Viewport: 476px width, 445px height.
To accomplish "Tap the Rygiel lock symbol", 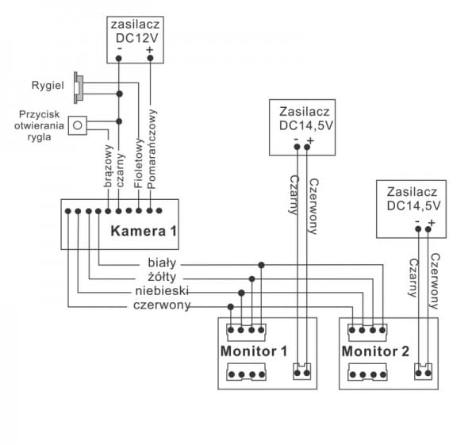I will pos(79,86).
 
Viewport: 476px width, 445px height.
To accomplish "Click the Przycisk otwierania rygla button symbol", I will pos(78,125).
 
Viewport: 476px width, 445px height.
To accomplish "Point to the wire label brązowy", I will pos(109,170).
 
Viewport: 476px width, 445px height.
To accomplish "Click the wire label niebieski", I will pos(161,291).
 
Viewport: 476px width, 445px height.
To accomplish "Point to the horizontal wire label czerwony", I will pos(161,305).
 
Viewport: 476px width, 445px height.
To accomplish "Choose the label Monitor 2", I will pos(377,350).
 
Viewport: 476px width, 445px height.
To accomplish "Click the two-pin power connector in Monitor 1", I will pos(302,370).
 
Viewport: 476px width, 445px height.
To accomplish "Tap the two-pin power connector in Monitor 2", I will pos(424,370).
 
